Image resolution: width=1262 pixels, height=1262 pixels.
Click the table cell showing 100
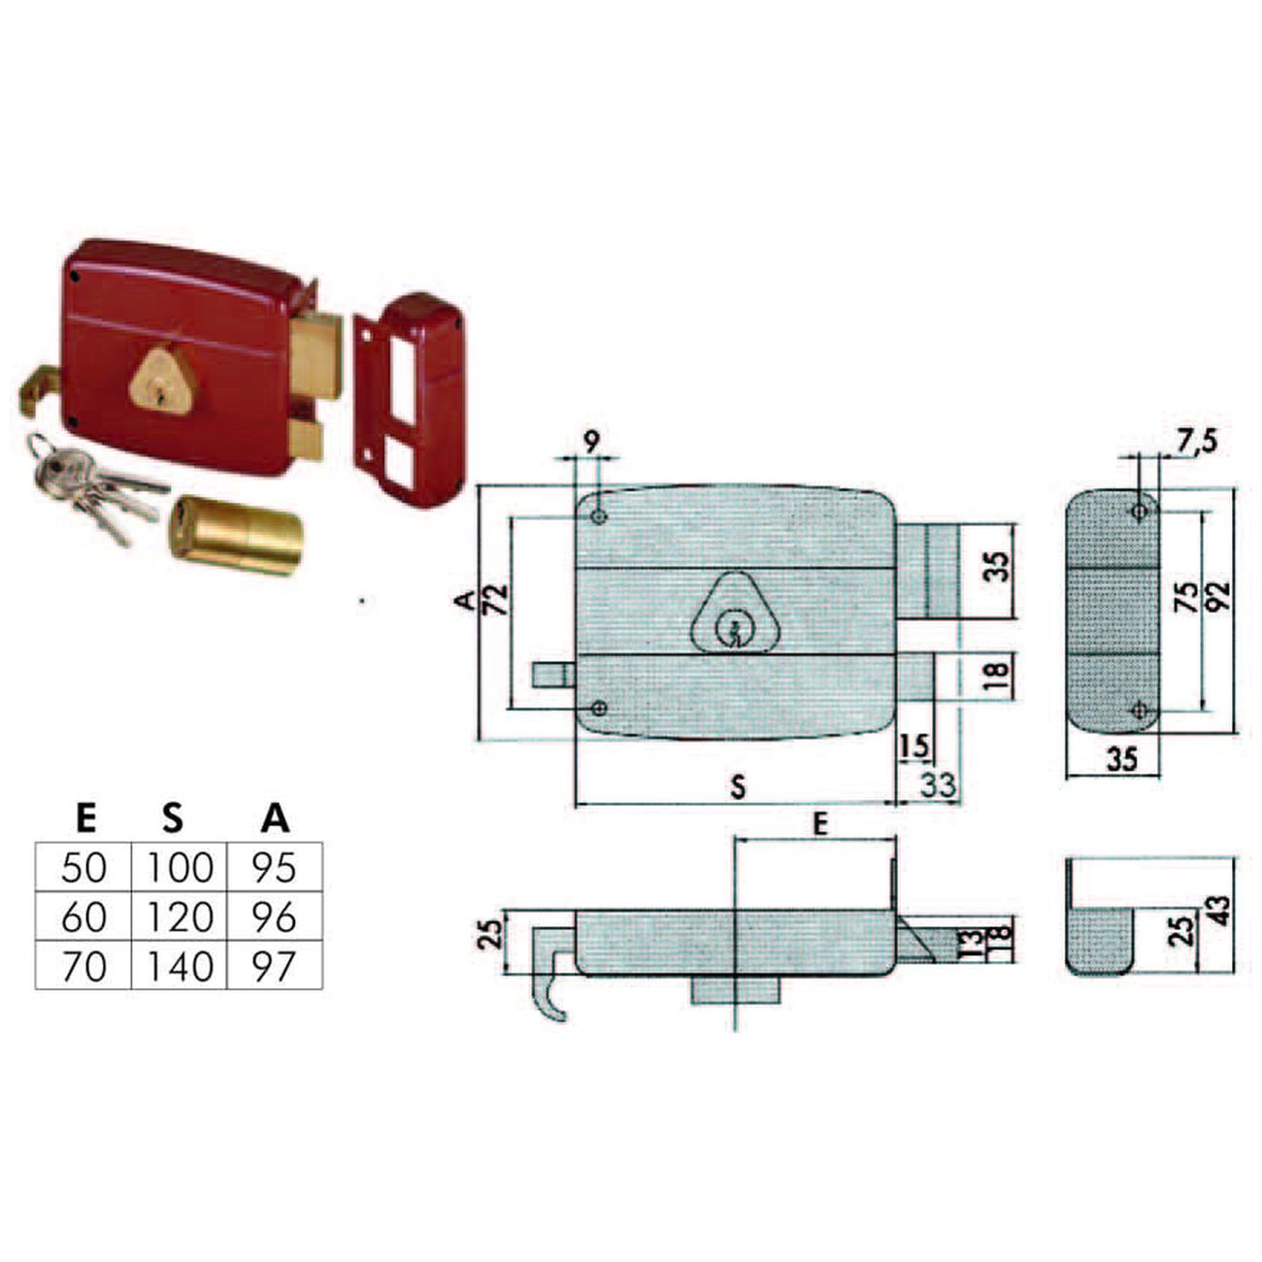(179, 867)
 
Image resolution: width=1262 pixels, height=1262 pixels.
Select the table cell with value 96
(275, 916)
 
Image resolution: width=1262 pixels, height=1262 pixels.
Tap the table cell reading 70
(83, 965)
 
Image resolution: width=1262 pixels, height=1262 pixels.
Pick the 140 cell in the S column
(179, 965)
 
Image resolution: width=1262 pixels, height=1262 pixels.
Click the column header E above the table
(85, 818)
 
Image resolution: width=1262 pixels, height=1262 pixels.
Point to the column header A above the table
(275, 818)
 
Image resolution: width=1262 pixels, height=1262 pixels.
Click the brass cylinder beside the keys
(236, 536)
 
